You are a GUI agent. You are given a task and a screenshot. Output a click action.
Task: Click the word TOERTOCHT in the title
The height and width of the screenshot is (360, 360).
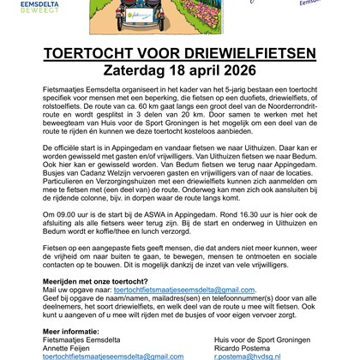coord(93,53)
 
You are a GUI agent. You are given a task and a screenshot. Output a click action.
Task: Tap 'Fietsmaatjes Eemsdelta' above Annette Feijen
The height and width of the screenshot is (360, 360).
coord(82,339)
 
